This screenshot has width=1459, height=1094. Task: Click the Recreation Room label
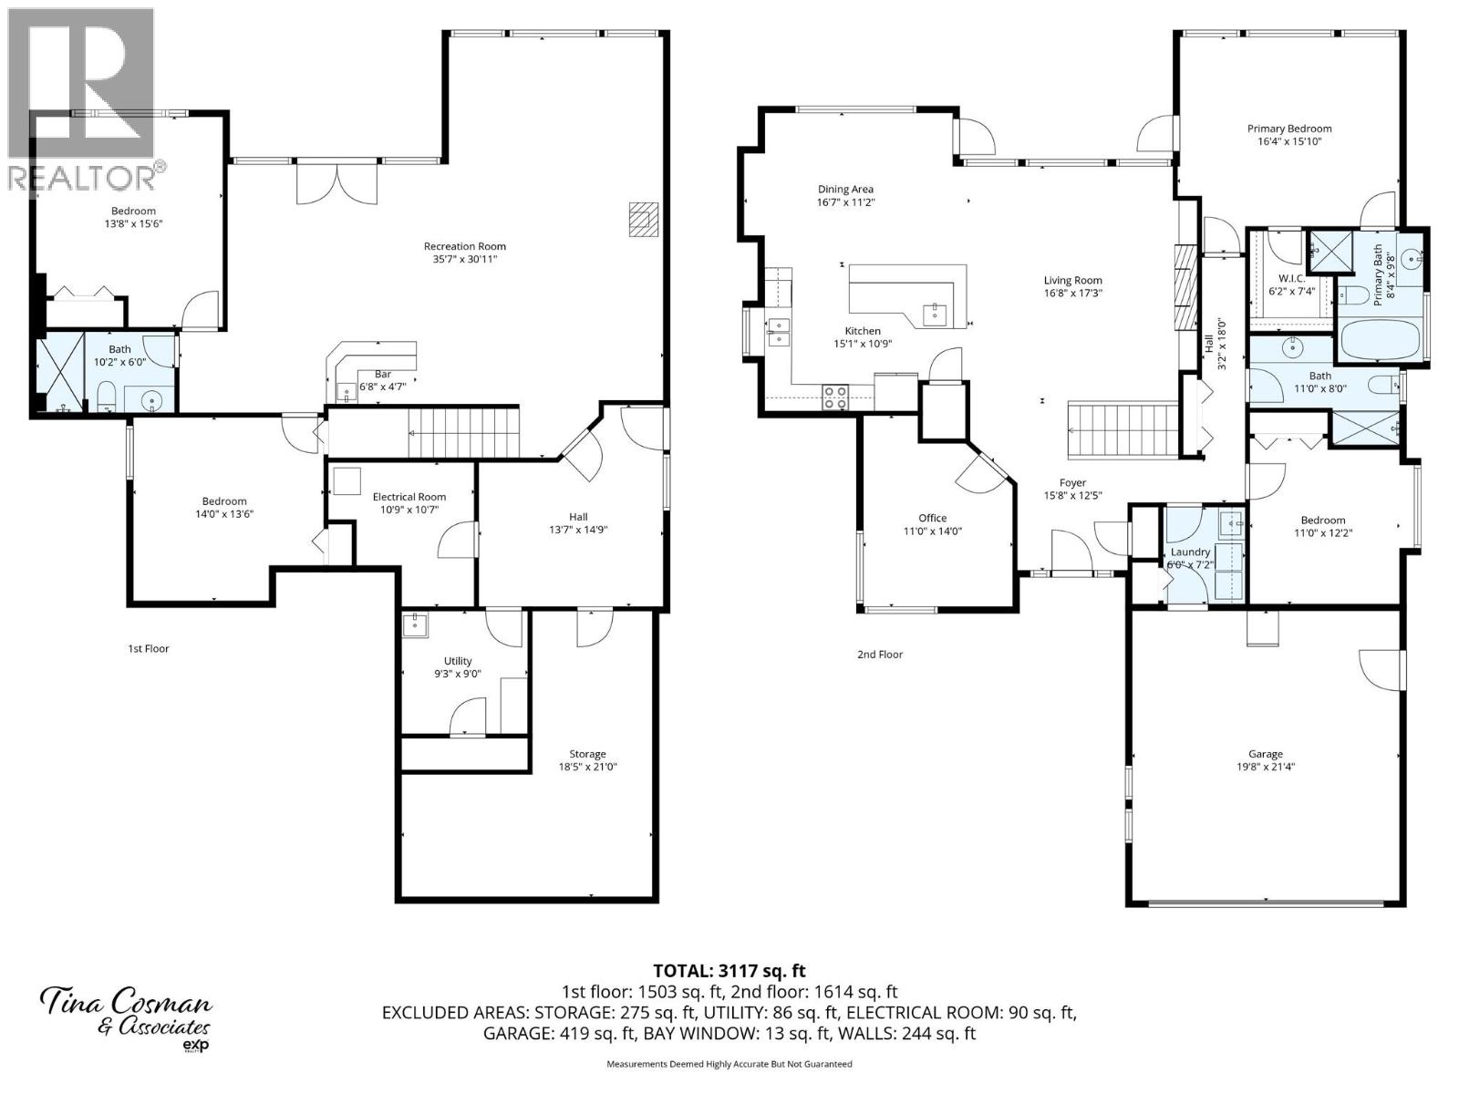(464, 246)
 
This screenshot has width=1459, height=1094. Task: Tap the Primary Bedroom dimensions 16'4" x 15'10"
(1289, 141)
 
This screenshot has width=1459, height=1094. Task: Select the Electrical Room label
(409, 497)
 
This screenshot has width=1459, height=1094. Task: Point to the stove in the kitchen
(835, 397)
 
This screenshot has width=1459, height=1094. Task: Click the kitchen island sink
(935, 315)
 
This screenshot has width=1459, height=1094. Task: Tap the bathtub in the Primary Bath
(1381, 341)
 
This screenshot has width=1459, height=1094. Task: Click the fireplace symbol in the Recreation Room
(643, 220)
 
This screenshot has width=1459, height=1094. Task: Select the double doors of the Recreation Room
(336, 181)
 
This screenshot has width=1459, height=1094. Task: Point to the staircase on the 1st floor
(462, 433)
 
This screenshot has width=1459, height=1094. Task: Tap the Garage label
(1266, 754)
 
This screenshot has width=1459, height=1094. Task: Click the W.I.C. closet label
(1292, 278)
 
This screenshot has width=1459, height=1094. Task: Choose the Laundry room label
(1190, 552)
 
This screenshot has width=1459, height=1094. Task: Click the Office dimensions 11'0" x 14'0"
(932, 531)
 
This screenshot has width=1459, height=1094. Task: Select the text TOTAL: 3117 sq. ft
(729, 971)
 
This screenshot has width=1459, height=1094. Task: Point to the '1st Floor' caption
(148, 649)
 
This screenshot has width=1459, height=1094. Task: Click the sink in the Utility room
(415, 624)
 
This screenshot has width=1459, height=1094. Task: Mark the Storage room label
(587, 754)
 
